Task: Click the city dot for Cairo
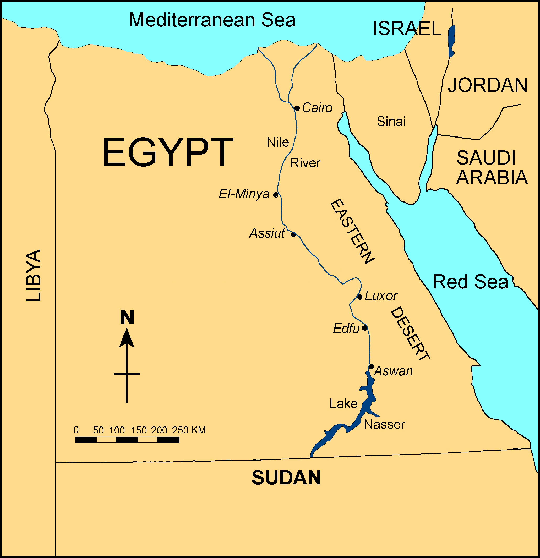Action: [297, 108]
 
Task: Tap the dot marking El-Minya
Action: [276, 195]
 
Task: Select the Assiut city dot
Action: [293, 234]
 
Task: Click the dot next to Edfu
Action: [365, 328]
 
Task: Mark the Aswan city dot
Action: [372, 367]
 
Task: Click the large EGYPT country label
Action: [168, 152]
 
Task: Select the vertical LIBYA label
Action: [33, 276]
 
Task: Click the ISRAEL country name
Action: [407, 29]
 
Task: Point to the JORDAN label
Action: [488, 85]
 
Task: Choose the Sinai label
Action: [391, 122]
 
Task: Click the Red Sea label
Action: [470, 282]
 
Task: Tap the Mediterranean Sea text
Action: [212, 20]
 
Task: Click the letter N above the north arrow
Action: [127, 317]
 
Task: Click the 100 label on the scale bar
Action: [117, 430]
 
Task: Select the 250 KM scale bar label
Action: [188, 430]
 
